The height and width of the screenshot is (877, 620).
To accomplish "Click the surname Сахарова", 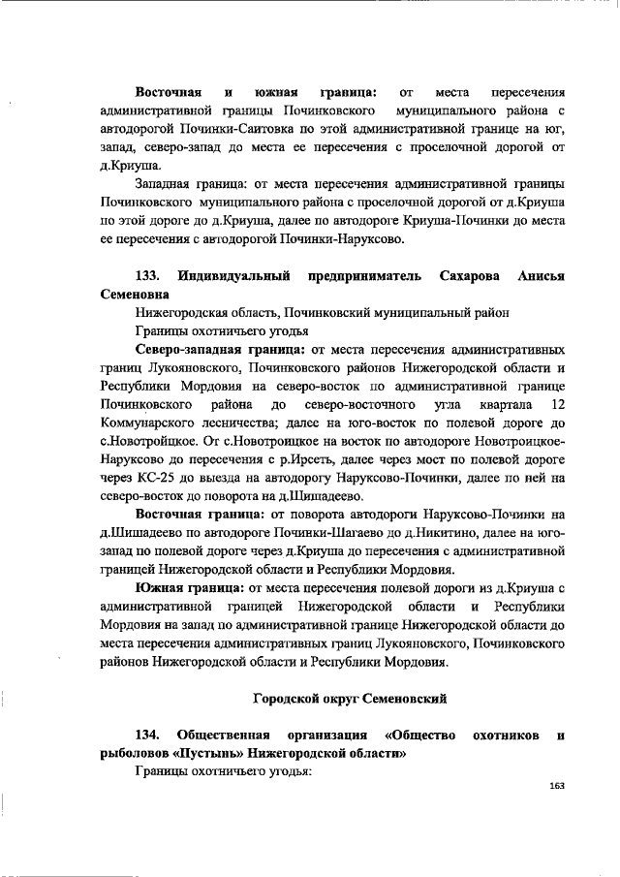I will pos(477,277).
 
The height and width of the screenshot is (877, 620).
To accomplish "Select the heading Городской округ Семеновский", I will pos(350,698).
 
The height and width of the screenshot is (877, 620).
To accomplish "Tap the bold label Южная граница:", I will pos(190,587).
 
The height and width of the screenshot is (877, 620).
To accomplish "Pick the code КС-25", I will pos(150,477).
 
